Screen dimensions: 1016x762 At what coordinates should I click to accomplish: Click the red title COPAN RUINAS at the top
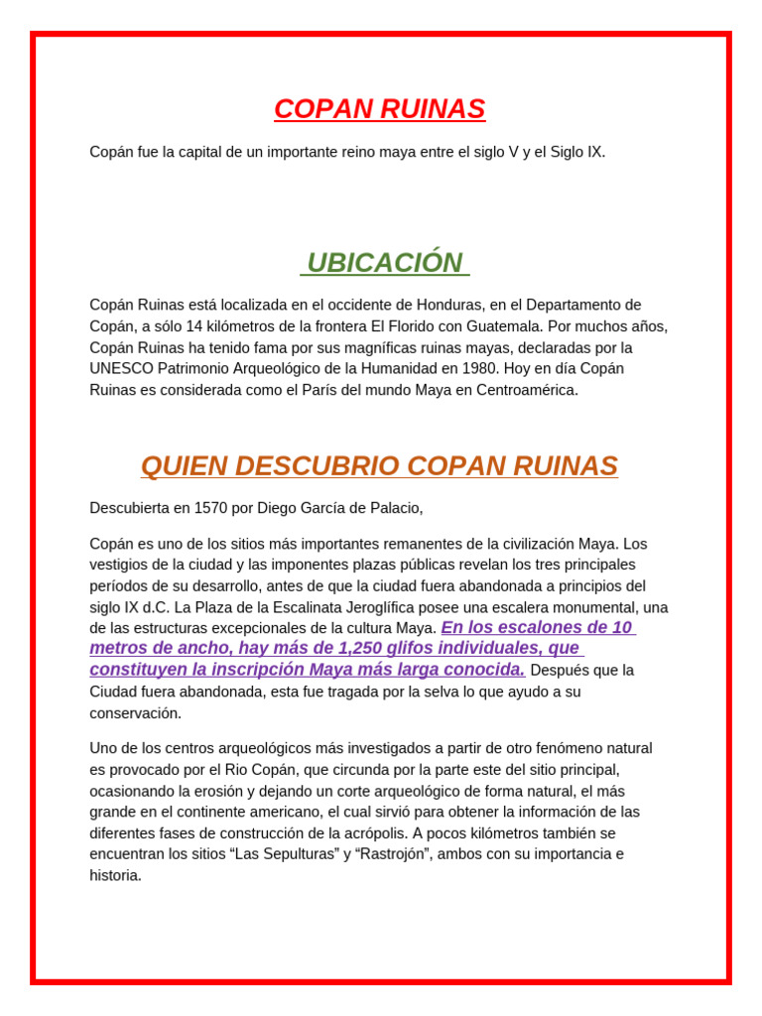(x=380, y=109)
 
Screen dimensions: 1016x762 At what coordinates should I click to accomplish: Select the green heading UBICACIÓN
(x=385, y=263)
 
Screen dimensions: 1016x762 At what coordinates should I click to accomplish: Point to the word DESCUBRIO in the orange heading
(x=319, y=465)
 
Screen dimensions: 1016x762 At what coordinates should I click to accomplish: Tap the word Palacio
(x=394, y=509)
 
